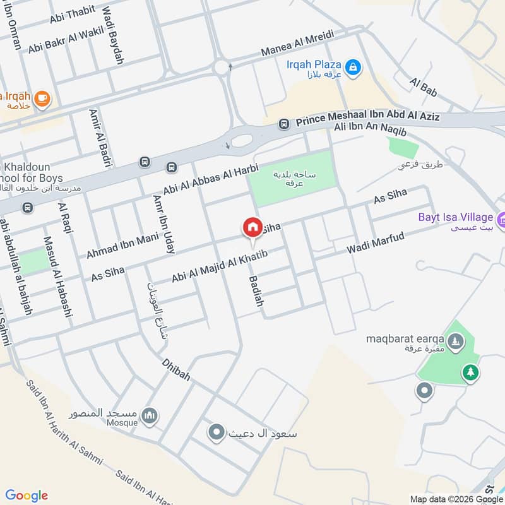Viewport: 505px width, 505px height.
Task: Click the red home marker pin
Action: click(252, 227)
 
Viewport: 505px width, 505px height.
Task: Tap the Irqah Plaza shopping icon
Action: click(353, 65)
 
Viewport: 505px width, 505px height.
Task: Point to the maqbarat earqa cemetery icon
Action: click(456, 343)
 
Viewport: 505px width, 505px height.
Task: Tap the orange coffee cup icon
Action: click(42, 98)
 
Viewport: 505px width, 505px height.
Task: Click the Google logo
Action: click(27, 495)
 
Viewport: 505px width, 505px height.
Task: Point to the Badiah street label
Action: click(256, 291)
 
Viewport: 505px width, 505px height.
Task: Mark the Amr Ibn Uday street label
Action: click(163, 224)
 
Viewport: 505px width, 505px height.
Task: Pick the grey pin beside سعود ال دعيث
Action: click(217, 432)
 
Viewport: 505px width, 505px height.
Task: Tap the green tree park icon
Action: click(470, 372)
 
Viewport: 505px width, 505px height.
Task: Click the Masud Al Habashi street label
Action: click(56, 276)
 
